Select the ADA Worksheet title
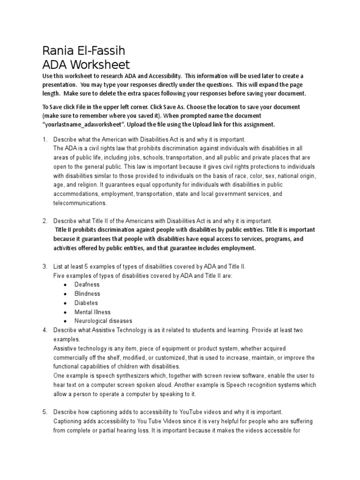click(x=86, y=64)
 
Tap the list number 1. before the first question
click(x=45, y=140)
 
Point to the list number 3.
click(x=45, y=267)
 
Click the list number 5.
click(x=45, y=412)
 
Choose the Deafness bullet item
click(x=87, y=285)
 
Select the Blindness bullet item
click(x=87, y=293)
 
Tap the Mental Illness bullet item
click(x=92, y=312)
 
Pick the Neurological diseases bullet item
click(x=103, y=321)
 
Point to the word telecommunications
click(x=80, y=203)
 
